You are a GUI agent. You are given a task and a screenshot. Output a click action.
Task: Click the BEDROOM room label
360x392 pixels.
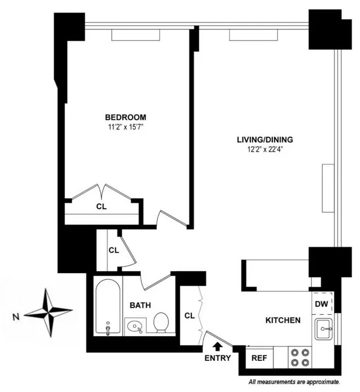[x=125, y=117]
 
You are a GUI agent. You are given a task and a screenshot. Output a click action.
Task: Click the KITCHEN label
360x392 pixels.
[x=283, y=320]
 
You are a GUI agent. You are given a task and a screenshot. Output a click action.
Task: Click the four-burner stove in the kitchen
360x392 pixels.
[x=300, y=357]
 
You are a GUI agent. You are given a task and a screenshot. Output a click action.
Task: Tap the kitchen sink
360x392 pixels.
[x=325, y=329]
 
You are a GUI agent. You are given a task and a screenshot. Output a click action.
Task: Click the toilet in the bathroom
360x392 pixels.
[x=161, y=322]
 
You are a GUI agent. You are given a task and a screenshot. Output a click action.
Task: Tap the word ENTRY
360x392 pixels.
[x=218, y=358]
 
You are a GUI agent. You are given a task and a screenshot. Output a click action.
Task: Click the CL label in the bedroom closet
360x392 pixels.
[x=101, y=207]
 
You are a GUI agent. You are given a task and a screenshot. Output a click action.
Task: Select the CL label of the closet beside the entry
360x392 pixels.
[x=189, y=315]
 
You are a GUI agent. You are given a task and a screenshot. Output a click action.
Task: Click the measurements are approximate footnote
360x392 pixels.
[x=295, y=381]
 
